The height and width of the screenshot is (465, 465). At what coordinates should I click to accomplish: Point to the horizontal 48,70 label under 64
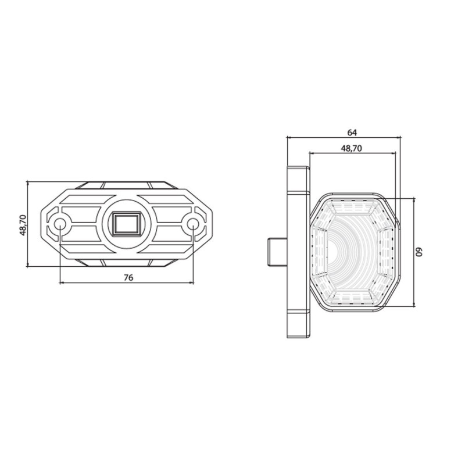[350, 148]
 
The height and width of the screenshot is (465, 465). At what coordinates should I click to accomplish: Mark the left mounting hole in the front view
[60, 223]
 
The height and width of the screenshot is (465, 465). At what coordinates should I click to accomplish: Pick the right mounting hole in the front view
[192, 223]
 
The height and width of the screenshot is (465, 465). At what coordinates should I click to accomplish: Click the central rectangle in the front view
[126, 223]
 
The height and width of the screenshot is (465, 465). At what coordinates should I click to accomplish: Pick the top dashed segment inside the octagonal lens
[351, 205]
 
